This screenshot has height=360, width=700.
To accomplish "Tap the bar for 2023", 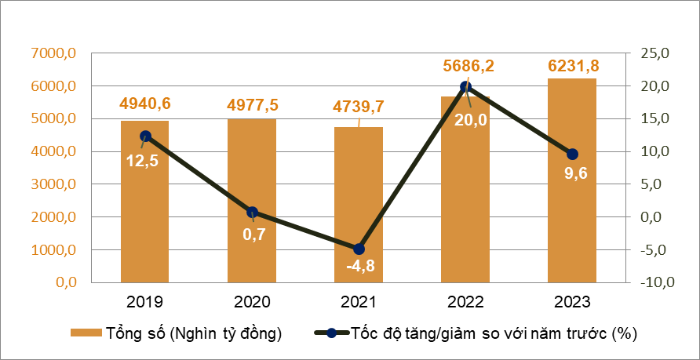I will tap(572, 180).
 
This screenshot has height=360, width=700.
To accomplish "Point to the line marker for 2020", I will tap(252, 213).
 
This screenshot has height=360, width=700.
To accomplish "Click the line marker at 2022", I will tap(465, 87).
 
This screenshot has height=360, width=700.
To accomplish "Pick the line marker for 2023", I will tap(572, 154).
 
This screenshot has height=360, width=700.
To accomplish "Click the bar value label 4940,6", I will tap(145, 104).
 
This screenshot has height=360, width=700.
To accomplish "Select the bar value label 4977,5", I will tap(252, 104).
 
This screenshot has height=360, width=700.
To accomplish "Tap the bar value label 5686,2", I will tap(466, 65).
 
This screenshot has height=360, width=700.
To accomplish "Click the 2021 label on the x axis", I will tap(359, 302).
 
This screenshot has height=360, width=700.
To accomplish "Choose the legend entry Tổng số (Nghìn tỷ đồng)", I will tap(176, 333).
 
